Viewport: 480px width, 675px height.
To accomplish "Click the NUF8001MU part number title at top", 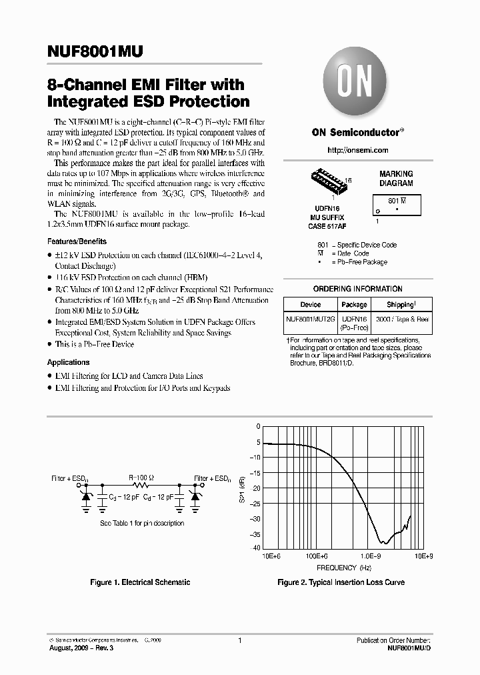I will coord(95,53).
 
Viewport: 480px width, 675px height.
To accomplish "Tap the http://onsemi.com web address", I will coord(357,151).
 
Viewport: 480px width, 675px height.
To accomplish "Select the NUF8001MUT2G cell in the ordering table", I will coord(311,319).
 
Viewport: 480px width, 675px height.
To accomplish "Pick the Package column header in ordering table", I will coord(354,304).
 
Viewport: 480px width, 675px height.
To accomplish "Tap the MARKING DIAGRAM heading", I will coord(396,178).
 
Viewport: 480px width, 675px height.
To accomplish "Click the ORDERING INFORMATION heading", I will coord(357,289).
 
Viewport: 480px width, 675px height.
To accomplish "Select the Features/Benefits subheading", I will coord(77,241).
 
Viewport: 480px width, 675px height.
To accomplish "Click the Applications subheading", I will coord(69,362).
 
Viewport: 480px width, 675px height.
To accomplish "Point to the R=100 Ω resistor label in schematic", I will coord(141,478).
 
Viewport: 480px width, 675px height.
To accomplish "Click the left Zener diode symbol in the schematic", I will coord(86,497).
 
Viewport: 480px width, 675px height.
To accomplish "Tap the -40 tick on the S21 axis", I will coord(256,548).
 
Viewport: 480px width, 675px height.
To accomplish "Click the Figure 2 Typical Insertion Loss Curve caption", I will coord(341,582).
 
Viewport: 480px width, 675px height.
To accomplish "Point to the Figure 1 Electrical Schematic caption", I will coord(140,582).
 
